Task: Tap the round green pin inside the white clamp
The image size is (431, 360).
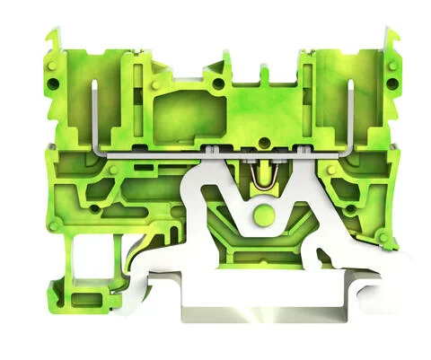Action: pos(262,215)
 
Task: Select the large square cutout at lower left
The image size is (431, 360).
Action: pos(86,259)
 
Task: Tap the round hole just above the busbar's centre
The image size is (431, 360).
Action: pos(218,86)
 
